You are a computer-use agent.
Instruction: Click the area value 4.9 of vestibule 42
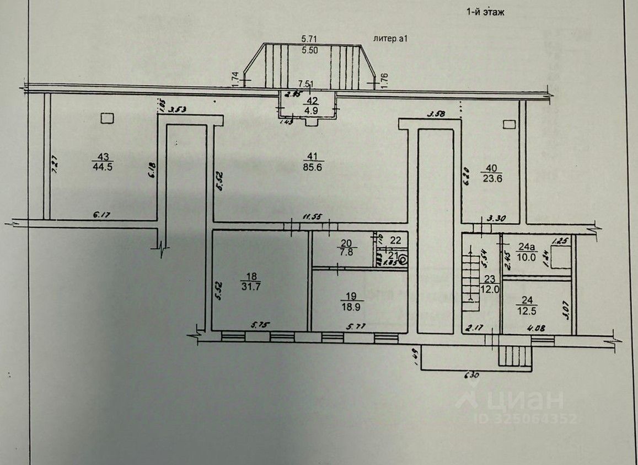pos(313,110)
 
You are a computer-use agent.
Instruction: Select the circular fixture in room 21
pos(404,260)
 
